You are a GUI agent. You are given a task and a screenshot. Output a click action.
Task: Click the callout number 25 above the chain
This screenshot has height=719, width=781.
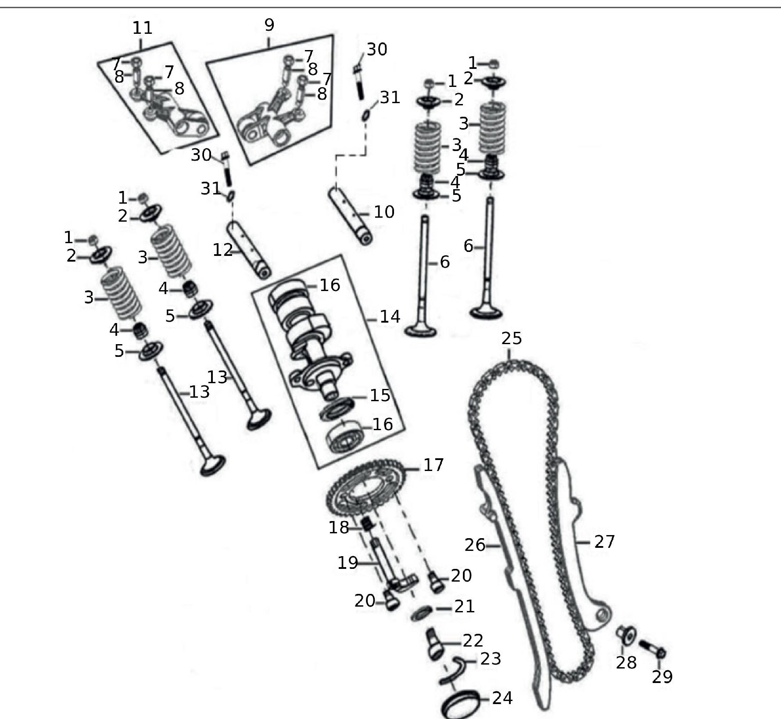click(x=512, y=338)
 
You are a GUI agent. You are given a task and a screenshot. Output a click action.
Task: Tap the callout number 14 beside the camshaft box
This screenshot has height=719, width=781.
click(x=390, y=316)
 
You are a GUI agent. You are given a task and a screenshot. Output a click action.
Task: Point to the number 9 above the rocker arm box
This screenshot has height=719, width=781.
click(x=269, y=25)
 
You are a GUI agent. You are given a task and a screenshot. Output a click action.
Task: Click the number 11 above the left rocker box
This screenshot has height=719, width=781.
click(x=143, y=28)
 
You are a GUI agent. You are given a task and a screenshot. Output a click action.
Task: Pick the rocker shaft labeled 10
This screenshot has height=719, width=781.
click(x=351, y=215)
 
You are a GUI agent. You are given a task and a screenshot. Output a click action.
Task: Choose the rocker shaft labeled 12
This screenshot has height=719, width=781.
click(x=249, y=250)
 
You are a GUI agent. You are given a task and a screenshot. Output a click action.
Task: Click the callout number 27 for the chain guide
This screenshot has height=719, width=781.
click(x=605, y=542)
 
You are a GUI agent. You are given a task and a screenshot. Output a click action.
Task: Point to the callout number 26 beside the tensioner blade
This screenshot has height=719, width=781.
click(x=475, y=545)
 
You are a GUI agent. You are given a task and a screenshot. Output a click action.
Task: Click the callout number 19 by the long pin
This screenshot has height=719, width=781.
click(x=348, y=563)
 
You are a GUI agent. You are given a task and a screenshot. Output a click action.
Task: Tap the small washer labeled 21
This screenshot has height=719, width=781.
click(x=422, y=613)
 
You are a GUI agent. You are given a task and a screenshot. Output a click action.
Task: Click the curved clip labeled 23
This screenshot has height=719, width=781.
click(x=454, y=670)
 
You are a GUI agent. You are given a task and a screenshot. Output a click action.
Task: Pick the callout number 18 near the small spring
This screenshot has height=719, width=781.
click(x=339, y=527)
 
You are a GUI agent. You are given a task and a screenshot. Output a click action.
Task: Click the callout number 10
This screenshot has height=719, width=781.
click(x=384, y=212)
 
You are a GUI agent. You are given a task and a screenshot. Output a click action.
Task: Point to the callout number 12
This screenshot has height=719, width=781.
click(x=223, y=250)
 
